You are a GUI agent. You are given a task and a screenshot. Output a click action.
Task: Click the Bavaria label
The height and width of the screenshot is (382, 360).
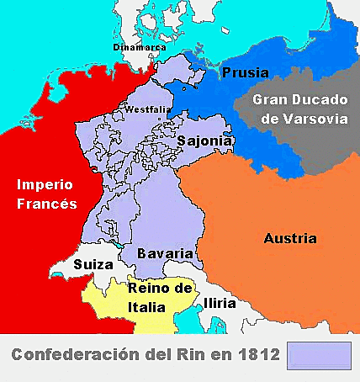click(166, 252)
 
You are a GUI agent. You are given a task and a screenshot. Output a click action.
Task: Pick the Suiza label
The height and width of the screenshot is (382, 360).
click(93, 264)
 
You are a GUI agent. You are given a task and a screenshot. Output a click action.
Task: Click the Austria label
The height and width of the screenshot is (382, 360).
click(290, 238)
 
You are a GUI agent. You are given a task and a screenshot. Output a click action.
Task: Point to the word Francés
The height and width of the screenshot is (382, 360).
click(45, 204)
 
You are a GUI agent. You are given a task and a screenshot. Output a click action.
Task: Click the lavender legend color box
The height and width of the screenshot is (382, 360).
click(319, 355)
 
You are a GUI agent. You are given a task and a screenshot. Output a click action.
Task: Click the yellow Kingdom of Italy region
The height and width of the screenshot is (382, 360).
click(109, 303)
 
